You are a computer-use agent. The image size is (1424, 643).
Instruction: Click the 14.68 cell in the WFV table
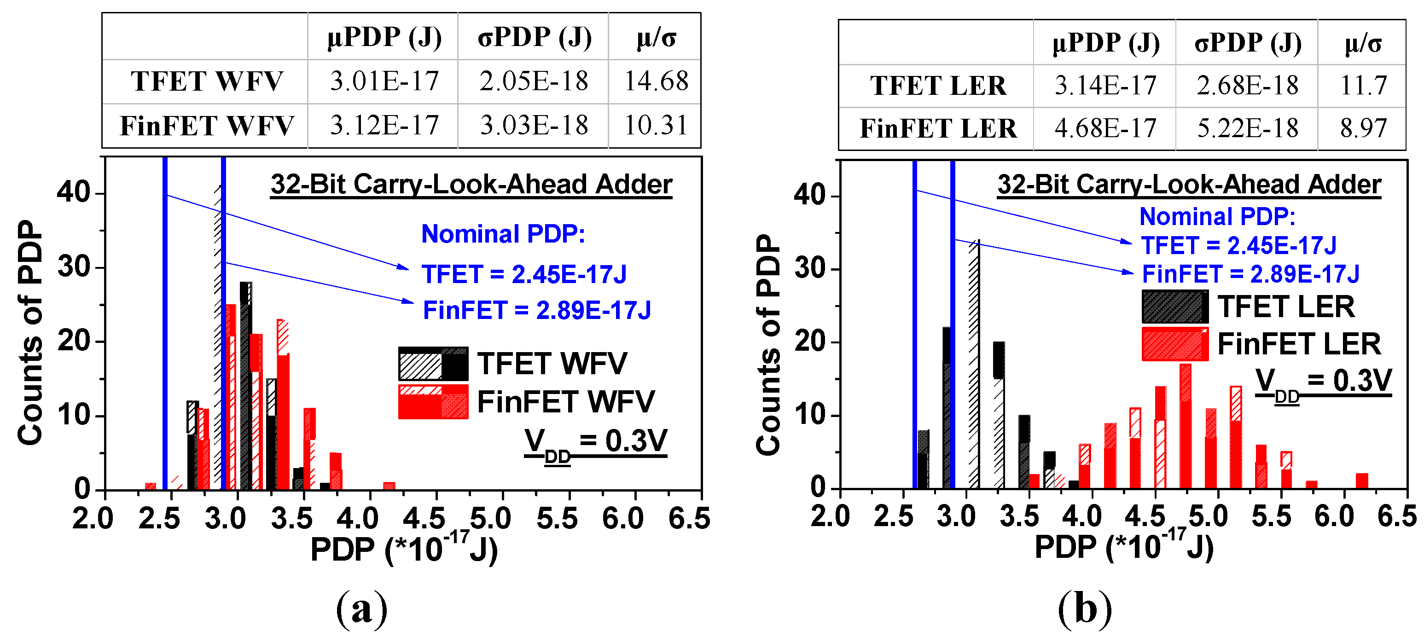point(656,81)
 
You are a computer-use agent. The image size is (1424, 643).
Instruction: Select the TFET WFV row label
point(206,81)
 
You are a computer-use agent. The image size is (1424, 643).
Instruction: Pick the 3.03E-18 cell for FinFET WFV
point(534,126)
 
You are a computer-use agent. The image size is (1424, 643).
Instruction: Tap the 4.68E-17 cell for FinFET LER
point(1105,128)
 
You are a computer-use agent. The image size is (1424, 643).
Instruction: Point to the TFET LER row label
point(938,86)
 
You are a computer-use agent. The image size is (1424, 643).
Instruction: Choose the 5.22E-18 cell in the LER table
point(1248,128)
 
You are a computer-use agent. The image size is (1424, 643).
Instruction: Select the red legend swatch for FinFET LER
point(1174,344)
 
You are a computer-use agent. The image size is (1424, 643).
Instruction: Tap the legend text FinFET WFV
point(565,401)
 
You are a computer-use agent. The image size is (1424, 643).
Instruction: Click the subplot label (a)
point(361,609)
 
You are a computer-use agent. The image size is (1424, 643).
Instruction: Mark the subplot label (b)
point(1085,609)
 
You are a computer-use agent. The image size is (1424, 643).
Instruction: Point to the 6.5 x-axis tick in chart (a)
point(689,519)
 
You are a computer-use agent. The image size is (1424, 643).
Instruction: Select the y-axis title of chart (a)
point(30,332)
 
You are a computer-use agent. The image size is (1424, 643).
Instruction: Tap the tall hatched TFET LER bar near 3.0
point(974,365)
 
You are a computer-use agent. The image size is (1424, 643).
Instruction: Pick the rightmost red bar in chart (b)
point(1362,481)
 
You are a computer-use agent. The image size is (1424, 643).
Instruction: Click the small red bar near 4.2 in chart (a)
point(389,486)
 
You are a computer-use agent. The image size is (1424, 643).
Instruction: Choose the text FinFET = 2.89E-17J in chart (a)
point(537,310)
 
